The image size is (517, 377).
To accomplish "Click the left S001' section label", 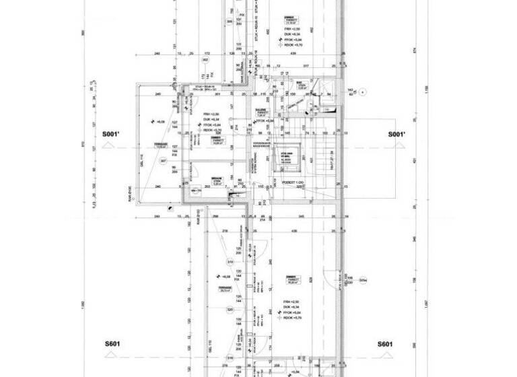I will [x=112, y=135].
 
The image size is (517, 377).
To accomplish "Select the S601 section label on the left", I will [x=112, y=344].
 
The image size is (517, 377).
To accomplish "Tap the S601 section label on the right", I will [x=385, y=344].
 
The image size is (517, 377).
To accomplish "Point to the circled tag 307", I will [x=162, y=161].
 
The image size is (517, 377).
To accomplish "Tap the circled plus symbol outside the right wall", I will [x=361, y=91].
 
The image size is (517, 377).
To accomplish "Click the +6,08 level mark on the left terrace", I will [x=160, y=122].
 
